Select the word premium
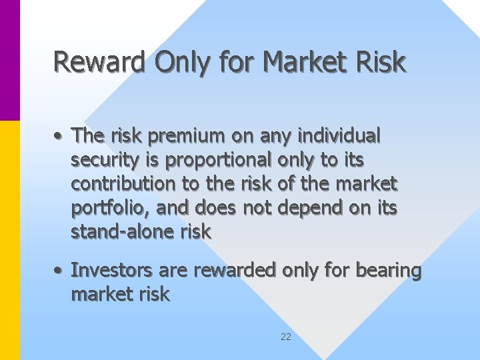(x=184, y=136)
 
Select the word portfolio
(x=111, y=208)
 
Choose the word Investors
(x=109, y=271)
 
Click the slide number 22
(x=285, y=337)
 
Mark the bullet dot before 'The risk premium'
(x=59, y=137)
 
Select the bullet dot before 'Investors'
(x=59, y=271)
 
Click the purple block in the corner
(x=10, y=60)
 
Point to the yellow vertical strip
(x=10, y=240)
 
